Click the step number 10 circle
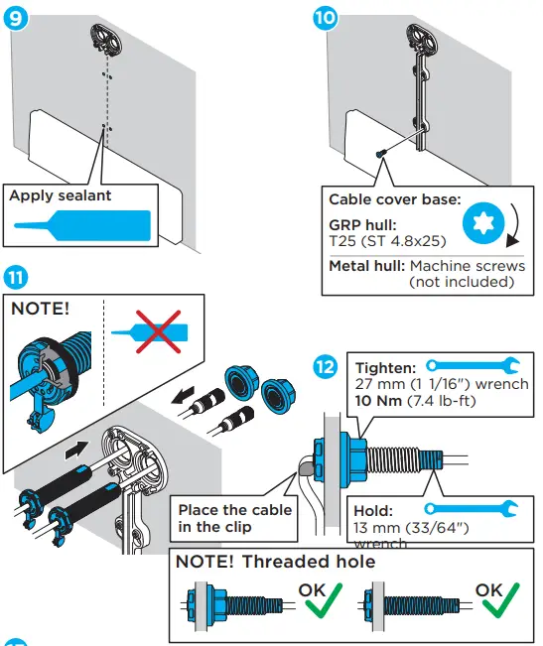pos(325,18)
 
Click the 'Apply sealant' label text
pos(61,195)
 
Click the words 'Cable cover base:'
pos(394,198)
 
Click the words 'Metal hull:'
pos(366,266)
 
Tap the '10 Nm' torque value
pos(377,399)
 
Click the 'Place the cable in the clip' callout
pos(234,517)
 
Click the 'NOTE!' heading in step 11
pos(41,309)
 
